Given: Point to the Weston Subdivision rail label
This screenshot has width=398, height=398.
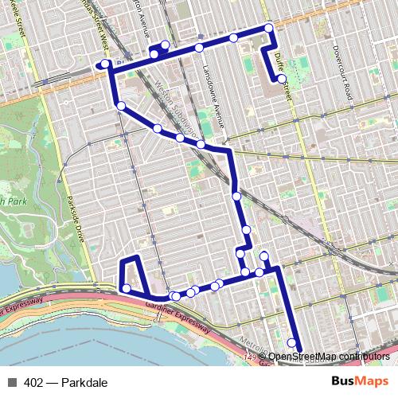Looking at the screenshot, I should tap(179, 103).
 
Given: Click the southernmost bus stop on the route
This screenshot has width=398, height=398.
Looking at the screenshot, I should tap(292, 344).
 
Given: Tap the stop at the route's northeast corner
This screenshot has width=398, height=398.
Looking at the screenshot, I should tap(269, 29).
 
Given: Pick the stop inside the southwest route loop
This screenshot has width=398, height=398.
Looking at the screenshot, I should tap(126, 288).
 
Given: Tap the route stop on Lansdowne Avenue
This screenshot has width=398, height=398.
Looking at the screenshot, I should tap(199, 49).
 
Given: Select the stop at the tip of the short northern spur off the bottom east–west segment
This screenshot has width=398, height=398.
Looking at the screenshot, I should tap(263, 256).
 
